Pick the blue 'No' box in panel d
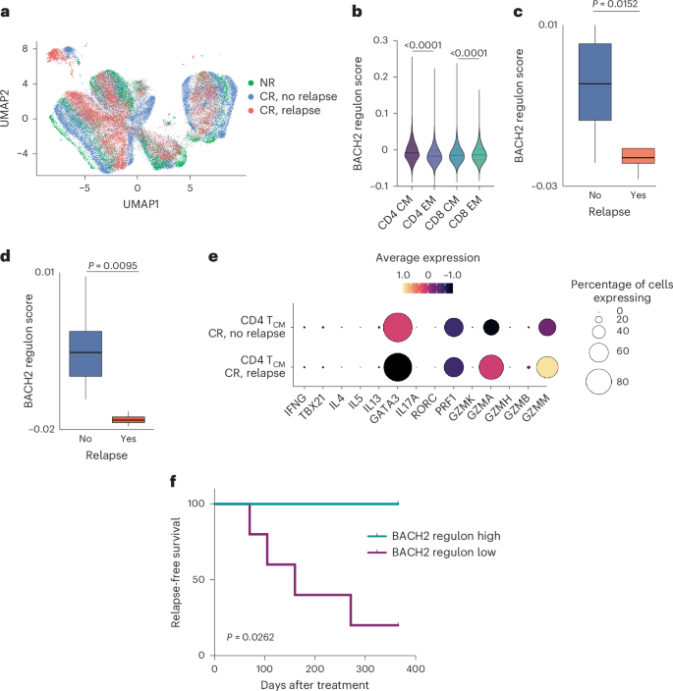coord(85,351)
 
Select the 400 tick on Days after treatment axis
coord(418,666)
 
